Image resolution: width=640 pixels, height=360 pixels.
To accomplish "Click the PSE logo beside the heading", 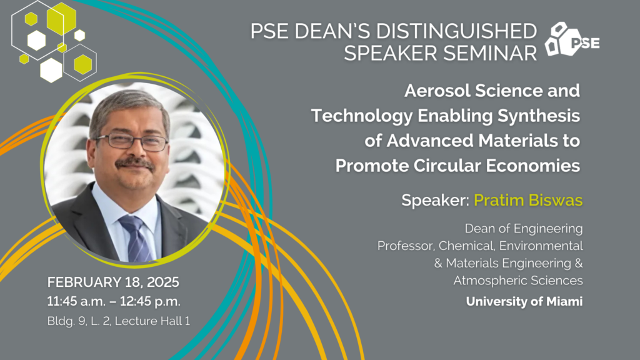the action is pyautogui.click(x=572, y=39).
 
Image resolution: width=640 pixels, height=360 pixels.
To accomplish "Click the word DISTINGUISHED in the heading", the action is pyautogui.click(x=456, y=31).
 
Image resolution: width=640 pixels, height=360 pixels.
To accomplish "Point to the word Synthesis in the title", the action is pyautogui.click(x=538, y=116).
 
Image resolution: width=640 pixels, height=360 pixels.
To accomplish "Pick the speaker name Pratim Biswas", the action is pyautogui.click(x=528, y=200).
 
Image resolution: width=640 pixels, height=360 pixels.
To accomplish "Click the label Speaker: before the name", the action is pyautogui.click(x=436, y=201).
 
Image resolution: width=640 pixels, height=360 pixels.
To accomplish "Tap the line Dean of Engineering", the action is pyautogui.click(x=524, y=229).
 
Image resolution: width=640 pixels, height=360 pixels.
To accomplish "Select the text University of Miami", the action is pyautogui.click(x=524, y=302).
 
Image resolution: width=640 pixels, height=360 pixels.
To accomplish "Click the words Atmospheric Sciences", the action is pyautogui.click(x=518, y=281).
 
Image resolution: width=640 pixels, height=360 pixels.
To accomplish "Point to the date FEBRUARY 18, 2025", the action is pyautogui.click(x=113, y=282).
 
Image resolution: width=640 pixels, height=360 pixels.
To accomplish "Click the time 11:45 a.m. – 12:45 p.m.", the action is pyautogui.click(x=114, y=301).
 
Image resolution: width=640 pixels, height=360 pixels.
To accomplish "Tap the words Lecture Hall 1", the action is pyautogui.click(x=152, y=321).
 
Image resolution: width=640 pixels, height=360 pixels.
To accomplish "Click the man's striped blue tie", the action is pyautogui.click(x=136, y=239).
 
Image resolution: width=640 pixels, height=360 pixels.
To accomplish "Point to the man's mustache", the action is pyautogui.click(x=134, y=163).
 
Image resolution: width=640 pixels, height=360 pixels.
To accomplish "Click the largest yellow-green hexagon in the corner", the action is pyautogui.click(x=62, y=19).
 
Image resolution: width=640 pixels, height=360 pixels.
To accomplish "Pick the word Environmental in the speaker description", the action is pyautogui.click(x=541, y=246).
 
